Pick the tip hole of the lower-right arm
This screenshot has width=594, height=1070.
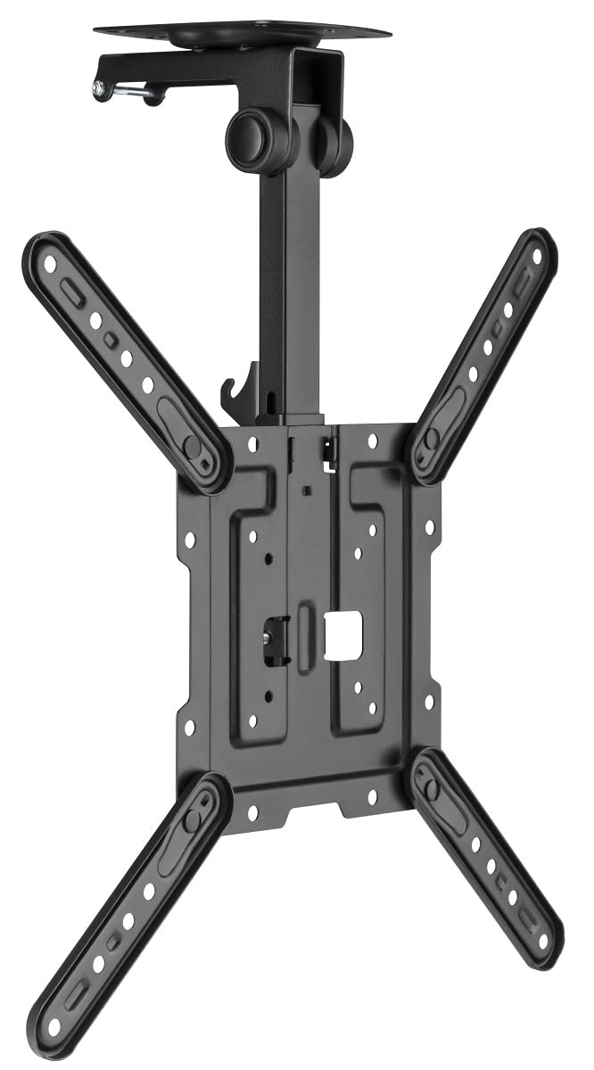[x=539, y=937]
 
